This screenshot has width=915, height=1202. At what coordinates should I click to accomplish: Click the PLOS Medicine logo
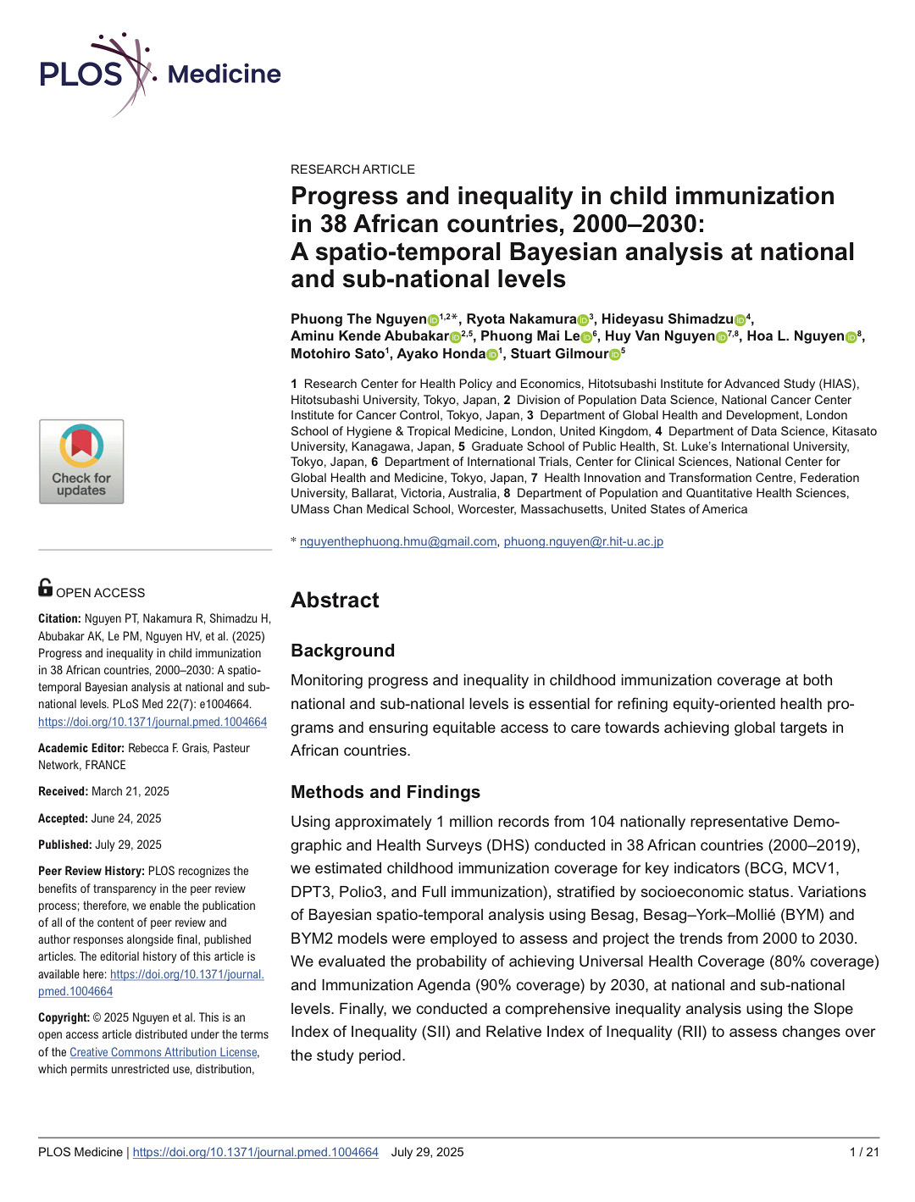click(160, 74)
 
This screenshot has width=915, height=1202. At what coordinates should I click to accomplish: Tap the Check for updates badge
click(81, 462)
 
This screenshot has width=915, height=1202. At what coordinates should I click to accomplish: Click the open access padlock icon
click(46, 587)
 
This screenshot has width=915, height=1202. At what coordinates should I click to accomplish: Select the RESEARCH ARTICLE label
click(352, 169)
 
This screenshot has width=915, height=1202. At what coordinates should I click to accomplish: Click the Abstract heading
click(335, 601)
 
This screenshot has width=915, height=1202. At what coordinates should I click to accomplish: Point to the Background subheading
click(342, 651)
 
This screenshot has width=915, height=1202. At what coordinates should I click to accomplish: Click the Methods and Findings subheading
click(385, 792)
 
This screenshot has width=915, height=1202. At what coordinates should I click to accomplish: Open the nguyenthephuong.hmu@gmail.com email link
click(398, 541)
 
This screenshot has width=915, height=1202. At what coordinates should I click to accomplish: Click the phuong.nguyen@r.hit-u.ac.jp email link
click(583, 541)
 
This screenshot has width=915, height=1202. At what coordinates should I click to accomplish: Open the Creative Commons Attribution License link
click(164, 1052)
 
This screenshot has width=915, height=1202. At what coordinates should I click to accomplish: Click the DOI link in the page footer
click(255, 1152)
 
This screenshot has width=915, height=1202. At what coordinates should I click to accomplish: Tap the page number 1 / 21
click(864, 1152)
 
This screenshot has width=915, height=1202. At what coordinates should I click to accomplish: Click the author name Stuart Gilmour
click(559, 354)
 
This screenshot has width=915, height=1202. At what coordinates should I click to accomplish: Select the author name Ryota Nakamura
click(521, 319)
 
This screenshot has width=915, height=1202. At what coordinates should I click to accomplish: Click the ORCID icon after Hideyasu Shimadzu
click(740, 320)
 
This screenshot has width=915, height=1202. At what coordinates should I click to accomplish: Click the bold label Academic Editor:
click(81, 748)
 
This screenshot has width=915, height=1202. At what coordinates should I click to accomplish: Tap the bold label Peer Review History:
click(91, 871)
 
